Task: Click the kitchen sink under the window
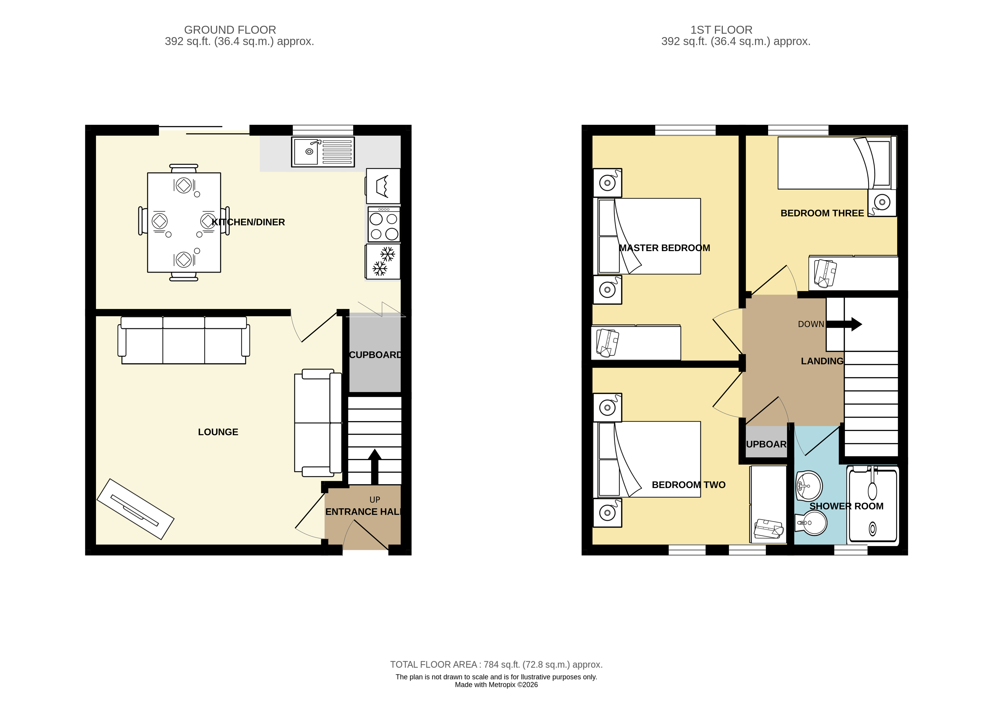(323, 152)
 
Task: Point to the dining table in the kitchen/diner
(184, 222)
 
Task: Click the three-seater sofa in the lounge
(184, 340)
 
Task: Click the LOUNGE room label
(218, 432)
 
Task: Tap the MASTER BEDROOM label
(664, 248)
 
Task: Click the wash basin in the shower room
(809, 486)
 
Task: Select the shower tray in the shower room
(873, 506)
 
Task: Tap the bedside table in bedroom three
(882, 202)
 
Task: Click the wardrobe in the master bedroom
(636, 343)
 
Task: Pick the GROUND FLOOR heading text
(230, 30)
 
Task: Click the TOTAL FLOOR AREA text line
(496, 664)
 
